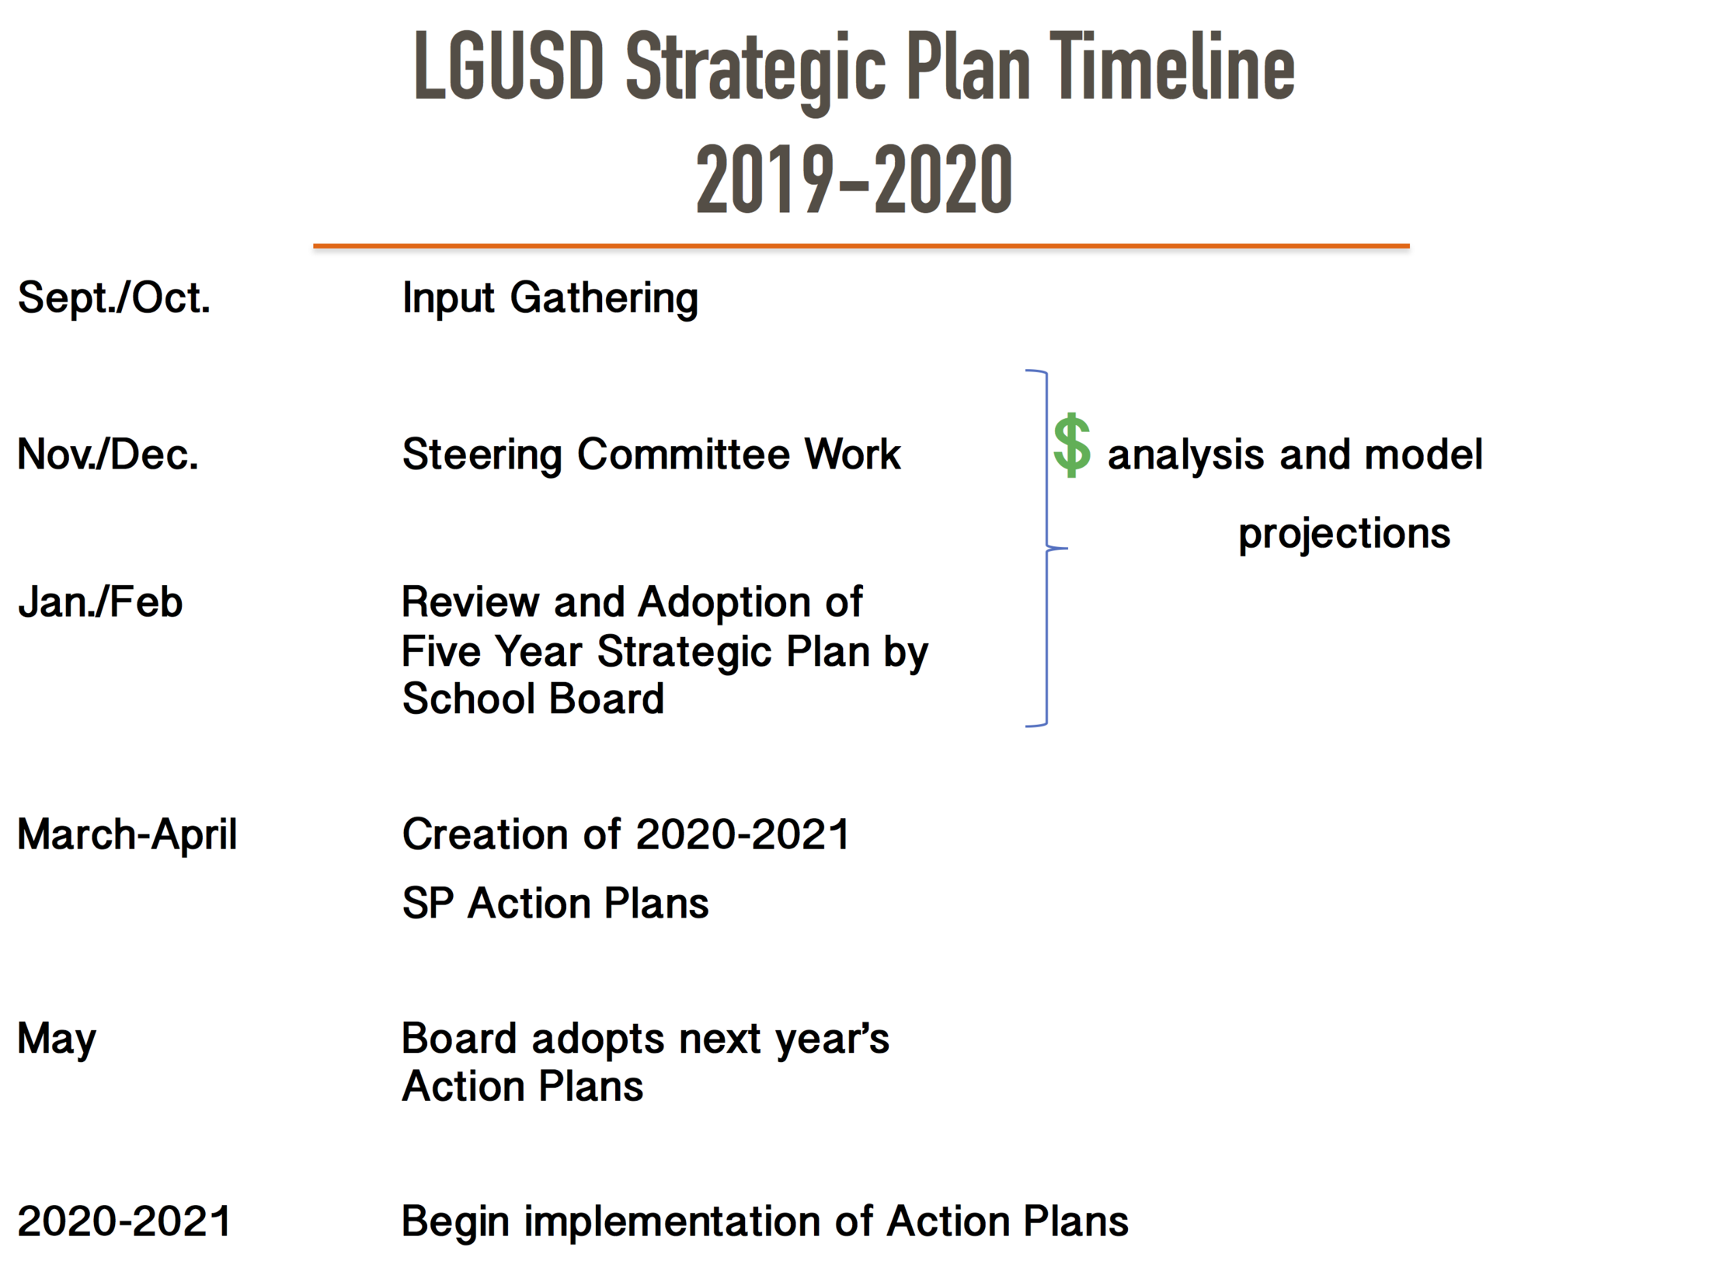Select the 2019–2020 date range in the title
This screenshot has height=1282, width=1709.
tap(854, 179)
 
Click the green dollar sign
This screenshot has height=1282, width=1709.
tap(1072, 445)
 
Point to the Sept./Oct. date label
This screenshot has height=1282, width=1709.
tap(114, 298)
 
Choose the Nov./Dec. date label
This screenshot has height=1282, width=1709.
tap(108, 455)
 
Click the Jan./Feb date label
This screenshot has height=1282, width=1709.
tap(100, 602)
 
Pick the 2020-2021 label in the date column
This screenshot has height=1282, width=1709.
tap(124, 1221)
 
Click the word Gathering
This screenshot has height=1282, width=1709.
tap(604, 299)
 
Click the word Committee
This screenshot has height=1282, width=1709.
tap(683, 455)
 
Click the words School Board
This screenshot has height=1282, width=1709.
tap(533, 698)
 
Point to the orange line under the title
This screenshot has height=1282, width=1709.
tap(861, 246)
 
